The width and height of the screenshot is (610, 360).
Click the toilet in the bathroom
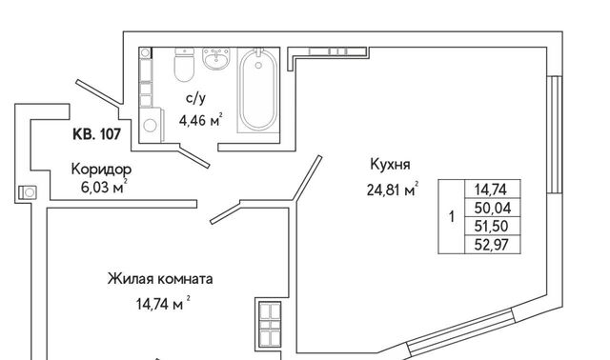coord(184,65)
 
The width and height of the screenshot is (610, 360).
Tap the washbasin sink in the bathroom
coord(216,59)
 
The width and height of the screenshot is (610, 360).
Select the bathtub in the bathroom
coord(258,90)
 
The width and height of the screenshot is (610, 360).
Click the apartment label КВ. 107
coord(97,134)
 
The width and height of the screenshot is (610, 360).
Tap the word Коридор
coord(102,170)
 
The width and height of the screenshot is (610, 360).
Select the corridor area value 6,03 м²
coord(104,188)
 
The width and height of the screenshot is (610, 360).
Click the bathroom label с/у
coord(195,99)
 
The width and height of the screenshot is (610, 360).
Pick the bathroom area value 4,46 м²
coord(201,120)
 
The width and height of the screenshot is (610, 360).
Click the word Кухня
coord(390,165)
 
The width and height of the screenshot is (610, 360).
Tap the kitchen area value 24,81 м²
coord(393,190)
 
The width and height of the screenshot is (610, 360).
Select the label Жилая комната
coord(160,279)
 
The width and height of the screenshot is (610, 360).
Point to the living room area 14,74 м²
coord(163,303)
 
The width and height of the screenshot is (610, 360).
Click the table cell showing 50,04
coord(493,208)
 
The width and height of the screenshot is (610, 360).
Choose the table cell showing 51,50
coord(493,227)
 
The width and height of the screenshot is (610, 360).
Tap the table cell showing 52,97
coord(493,245)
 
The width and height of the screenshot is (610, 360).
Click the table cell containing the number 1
coord(452,216)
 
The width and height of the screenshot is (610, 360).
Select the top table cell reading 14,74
coord(493,190)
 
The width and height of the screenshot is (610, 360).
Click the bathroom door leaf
coord(194,156)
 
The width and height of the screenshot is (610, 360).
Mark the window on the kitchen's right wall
coord(555,134)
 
